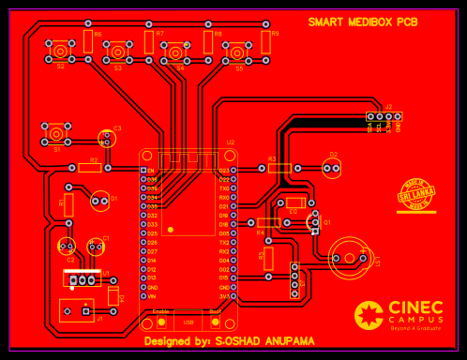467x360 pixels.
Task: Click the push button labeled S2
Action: (61, 51)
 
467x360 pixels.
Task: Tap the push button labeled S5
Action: (239, 52)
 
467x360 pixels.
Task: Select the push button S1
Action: (57, 132)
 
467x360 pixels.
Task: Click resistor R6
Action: (87, 41)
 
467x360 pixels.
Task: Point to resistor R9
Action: (265, 41)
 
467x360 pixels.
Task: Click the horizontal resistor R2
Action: (90, 168)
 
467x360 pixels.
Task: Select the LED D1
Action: (99, 200)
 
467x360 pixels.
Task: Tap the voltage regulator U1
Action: (83, 278)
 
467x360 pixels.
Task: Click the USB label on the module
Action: (188, 322)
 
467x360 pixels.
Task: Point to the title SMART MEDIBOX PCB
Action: (363, 22)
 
